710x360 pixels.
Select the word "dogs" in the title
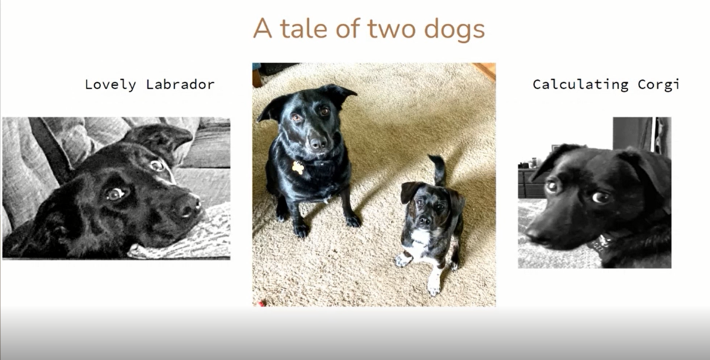(455, 30)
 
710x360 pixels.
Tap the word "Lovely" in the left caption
(110, 84)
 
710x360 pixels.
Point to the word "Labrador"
(181, 84)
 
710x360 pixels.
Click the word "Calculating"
(580, 84)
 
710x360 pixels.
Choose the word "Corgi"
(659, 84)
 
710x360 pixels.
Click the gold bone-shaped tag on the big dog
(297, 168)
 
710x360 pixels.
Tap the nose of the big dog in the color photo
(318, 144)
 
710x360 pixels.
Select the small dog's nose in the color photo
(424, 220)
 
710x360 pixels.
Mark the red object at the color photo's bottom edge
(261, 304)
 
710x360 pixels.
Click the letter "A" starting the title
(263, 28)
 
